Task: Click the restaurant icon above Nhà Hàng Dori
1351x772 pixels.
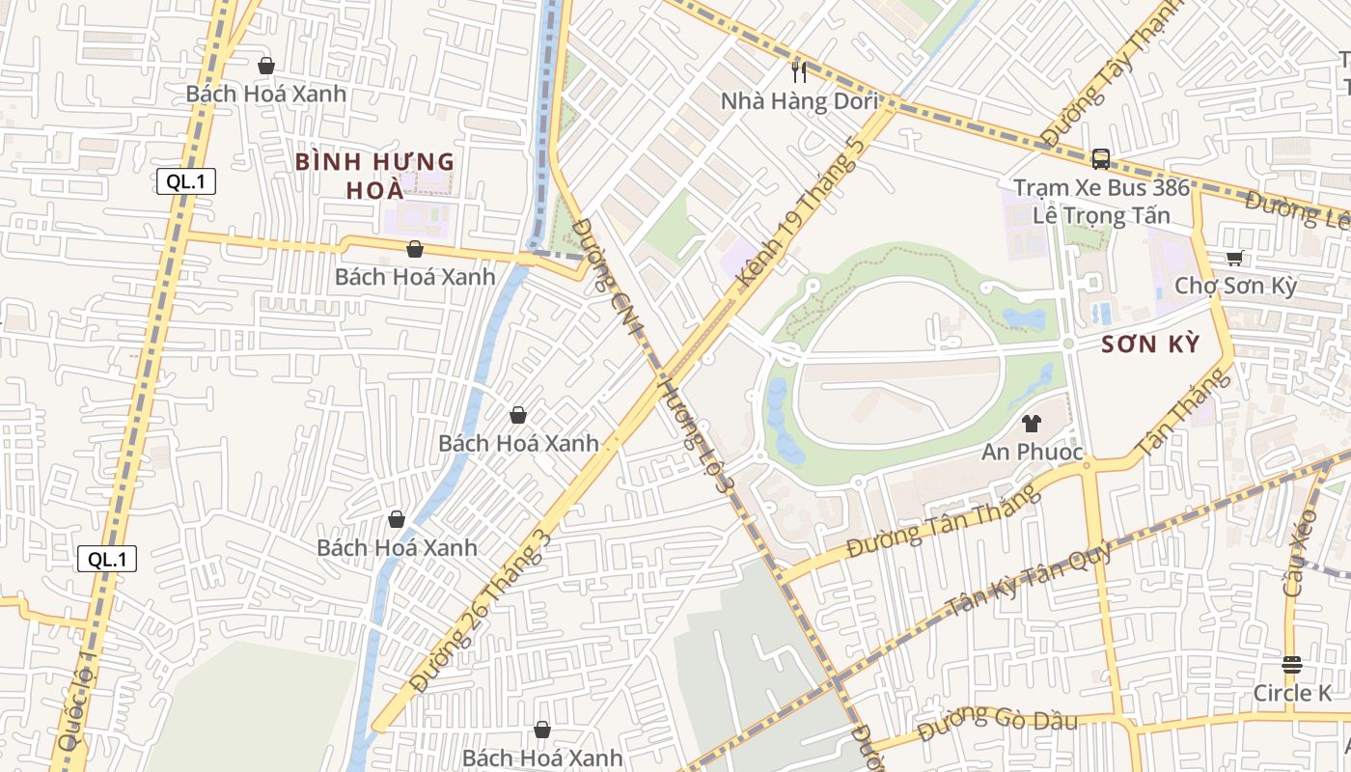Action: pos(798,70)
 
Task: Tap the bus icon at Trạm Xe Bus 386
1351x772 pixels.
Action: pos(1100,159)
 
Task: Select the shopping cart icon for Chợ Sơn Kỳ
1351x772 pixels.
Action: pos(1234,258)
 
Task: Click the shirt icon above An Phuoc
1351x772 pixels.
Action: pos(1032,423)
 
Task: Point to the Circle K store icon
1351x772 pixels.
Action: pos(1292,664)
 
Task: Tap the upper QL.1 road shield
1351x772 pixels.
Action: pos(186,180)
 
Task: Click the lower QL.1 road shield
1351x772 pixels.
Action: pos(107,559)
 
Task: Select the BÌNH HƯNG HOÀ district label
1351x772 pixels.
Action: pos(374,175)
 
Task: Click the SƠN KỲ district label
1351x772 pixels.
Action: pos(1150,345)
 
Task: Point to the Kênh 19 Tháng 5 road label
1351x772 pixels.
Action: pos(799,214)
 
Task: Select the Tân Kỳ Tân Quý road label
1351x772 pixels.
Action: pos(1030,579)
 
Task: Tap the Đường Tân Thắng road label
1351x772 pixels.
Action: pos(944,522)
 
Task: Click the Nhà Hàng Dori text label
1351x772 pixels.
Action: pos(800,101)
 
